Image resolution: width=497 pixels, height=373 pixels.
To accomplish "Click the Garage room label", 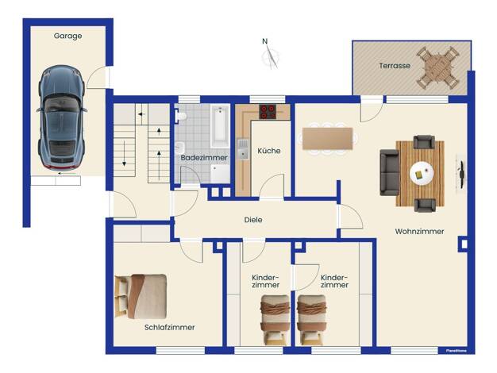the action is pos(67,36).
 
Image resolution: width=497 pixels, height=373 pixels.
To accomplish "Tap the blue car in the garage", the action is pos(62,117).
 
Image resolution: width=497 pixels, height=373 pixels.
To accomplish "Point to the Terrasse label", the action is pos(395,66).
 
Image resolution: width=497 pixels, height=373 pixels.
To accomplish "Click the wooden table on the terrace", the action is pos(437,67).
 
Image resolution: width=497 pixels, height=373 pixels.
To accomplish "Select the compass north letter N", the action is pos(265,41).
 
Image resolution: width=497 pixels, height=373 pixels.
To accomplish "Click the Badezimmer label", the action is pos(204,157).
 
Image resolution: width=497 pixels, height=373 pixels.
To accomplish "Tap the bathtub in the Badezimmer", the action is pos(220,126).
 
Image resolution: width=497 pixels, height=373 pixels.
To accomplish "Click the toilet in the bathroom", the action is pos(181,116).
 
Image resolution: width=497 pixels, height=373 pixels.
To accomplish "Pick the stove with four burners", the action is pos(268,112).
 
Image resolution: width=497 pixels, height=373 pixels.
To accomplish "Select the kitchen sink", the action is pos(243,149).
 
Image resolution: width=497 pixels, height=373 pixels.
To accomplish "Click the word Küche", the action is pos(269,151).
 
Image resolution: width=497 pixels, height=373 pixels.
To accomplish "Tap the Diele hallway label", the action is pos(253,220).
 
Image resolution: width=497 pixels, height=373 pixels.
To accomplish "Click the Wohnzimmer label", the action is pos(419,232).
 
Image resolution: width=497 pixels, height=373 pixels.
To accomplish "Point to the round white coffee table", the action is pos(422,173).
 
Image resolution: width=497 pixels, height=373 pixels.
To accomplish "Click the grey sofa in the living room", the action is pos(390,172).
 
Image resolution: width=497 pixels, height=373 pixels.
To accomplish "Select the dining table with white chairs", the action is pos(327,139).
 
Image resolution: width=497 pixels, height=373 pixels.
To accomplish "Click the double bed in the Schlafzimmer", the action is pos(141,296).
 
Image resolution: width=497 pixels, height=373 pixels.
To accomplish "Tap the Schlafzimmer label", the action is pos(170,327).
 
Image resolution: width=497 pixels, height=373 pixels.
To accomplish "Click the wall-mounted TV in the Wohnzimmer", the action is pos(460,173).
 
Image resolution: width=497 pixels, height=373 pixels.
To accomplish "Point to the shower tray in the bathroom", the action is pos(220,174).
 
